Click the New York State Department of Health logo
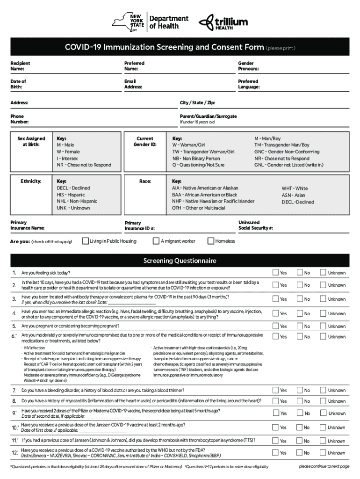coord(150,22)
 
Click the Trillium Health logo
coord(223,22)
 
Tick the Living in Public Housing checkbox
coord(86,241)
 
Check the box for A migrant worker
coord(156,241)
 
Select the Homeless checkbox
coord(211,241)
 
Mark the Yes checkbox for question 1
coord(275,272)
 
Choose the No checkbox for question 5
coord(299,326)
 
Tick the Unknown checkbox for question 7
coord(322,390)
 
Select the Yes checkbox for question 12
coord(275,452)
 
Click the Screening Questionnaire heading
coord(180,261)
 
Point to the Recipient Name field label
coord(21,66)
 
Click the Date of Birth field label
coord(19,84)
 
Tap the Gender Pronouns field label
coord(248,66)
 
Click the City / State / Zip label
coord(197,102)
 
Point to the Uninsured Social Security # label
coord(255,225)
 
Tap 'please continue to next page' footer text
coord(324,466)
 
